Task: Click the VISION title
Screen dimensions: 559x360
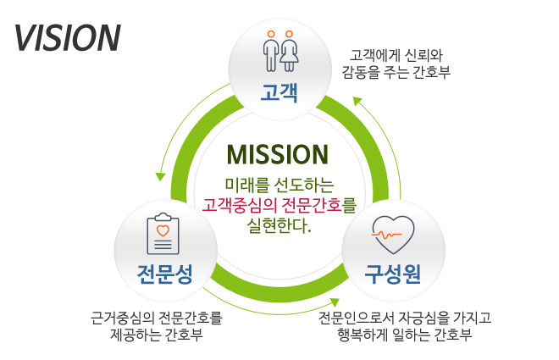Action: (x=68, y=38)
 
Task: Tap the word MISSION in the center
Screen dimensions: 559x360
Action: (x=278, y=155)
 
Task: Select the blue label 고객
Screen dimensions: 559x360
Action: (x=279, y=92)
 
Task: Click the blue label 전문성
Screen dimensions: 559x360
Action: (x=165, y=274)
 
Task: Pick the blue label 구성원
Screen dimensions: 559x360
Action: (x=392, y=274)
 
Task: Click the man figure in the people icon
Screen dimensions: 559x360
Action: (x=271, y=51)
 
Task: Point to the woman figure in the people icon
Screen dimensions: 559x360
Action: (x=289, y=51)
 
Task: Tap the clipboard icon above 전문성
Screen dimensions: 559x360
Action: (x=163, y=234)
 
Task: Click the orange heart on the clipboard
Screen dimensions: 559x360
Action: (x=163, y=230)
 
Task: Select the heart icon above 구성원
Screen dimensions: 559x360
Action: (x=393, y=235)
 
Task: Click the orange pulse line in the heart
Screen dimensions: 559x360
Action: (x=386, y=235)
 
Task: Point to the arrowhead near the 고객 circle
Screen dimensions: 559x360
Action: (x=357, y=102)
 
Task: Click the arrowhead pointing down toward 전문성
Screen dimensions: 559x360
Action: (x=160, y=176)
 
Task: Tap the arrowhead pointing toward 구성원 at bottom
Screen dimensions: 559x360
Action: (x=335, y=302)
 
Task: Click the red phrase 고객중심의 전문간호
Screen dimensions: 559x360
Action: (x=272, y=205)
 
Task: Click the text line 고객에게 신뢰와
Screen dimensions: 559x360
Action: (x=396, y=56)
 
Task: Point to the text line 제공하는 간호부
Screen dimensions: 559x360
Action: (x=157, y=335)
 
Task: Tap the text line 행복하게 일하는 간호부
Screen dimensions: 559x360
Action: (x=405, y=335)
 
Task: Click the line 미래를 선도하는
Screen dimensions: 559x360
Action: (x=279, y=185)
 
